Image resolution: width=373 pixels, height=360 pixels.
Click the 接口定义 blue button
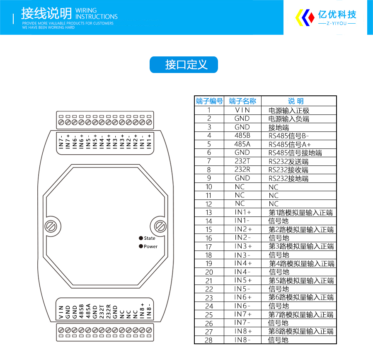click(184, 65)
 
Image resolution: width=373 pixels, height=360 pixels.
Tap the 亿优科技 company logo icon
click(305, 17)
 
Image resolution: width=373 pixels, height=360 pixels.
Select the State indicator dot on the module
click(141, 238)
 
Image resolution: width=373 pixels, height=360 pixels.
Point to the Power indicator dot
click(141, 246)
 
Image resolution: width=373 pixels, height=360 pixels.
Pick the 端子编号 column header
click(209, 101)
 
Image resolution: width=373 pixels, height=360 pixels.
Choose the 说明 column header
click(296, 101)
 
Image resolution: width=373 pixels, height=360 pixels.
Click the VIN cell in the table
click(242, 110)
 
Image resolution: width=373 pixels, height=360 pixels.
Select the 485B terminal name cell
click(242, 136)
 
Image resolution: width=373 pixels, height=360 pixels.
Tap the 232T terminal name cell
click(242, 161)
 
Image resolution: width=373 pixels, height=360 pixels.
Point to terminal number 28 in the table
click(208, 340)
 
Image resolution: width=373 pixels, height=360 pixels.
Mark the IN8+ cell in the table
click(243, 331)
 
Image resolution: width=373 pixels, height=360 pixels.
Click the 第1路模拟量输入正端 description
click(301, 212)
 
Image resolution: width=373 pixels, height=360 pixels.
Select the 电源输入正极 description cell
click(289, 110)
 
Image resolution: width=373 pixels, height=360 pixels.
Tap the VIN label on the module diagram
click(61, 312)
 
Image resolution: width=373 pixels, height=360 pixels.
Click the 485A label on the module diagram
click(88, 311)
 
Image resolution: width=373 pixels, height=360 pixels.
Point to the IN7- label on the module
click(61, 142)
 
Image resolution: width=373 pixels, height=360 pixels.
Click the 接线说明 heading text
click(46, 13)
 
